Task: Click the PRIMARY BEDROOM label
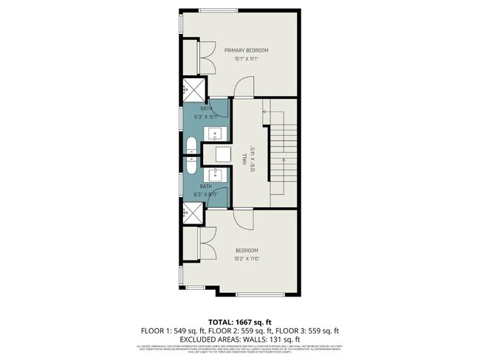coord(247,50)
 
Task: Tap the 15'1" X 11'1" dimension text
coord(247,59)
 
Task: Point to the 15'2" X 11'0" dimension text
coord(247,258)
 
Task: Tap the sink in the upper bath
coord(216,134)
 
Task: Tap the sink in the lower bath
coord(216,175)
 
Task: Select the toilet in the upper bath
coord(191,144)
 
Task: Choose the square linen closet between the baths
coord(216,154)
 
